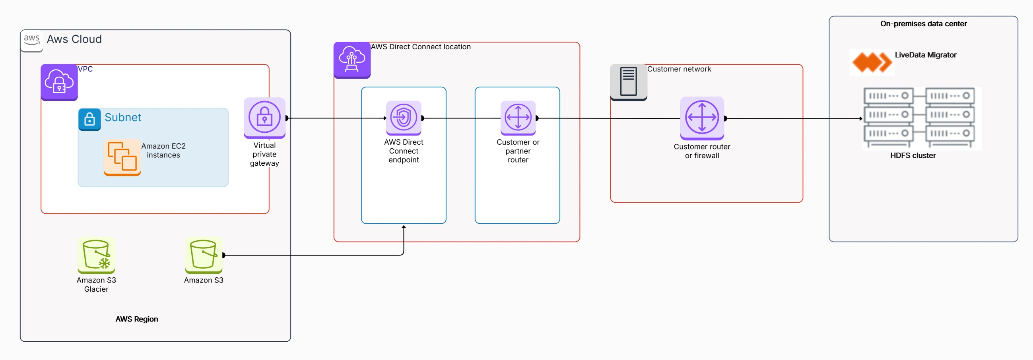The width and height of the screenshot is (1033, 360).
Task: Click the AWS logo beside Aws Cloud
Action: (31, 41)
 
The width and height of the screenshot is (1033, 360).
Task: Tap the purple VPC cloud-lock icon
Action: (59, 82)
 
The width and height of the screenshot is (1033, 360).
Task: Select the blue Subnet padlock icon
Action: (89, 119)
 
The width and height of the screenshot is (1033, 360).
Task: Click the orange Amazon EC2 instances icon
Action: (122, 157)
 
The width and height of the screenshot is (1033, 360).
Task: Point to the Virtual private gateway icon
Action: (264, 118)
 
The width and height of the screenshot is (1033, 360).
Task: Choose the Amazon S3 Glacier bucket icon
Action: (96, 255)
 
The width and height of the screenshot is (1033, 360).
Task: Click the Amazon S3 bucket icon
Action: (203, 255)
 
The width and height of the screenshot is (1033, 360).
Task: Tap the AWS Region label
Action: (136, 319)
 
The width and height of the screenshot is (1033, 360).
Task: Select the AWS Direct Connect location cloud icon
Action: (351, 60)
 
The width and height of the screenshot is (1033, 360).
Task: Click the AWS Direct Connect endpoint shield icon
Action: (404, 118)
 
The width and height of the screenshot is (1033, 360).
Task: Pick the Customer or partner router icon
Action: (518, 118)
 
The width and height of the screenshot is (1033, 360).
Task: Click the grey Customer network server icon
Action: (628, 82)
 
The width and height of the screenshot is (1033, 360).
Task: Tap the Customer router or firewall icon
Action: (702, 118)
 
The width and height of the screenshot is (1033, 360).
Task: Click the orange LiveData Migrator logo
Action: (872, 62)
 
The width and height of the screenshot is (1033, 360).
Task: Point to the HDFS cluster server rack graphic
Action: (921, 118)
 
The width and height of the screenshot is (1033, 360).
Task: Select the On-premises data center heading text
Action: (923, 24)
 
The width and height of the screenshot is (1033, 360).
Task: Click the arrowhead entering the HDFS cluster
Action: (860, 119)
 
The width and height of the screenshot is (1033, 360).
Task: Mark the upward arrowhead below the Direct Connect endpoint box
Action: (404, 227)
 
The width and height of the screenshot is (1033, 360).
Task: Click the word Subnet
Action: (123, 118)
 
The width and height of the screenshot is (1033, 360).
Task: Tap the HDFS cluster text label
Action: (913, 155)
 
